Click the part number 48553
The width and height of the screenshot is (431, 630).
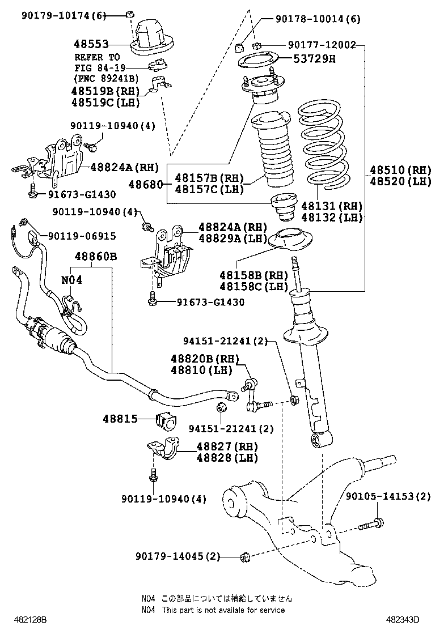point(90,44)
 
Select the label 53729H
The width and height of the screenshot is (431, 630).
point(314,58)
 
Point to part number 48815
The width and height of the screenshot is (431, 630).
point(120,419)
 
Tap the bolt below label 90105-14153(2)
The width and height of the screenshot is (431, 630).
point(371,525)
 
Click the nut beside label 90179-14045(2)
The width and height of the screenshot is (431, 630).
point(246,556)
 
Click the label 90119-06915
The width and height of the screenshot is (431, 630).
point(82,235)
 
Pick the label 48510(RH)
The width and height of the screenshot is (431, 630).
point(400,170)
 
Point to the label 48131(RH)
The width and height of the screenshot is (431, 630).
point(332,206)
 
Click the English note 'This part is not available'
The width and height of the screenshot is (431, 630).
point(223,610)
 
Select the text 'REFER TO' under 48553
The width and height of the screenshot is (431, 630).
point(97,57)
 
